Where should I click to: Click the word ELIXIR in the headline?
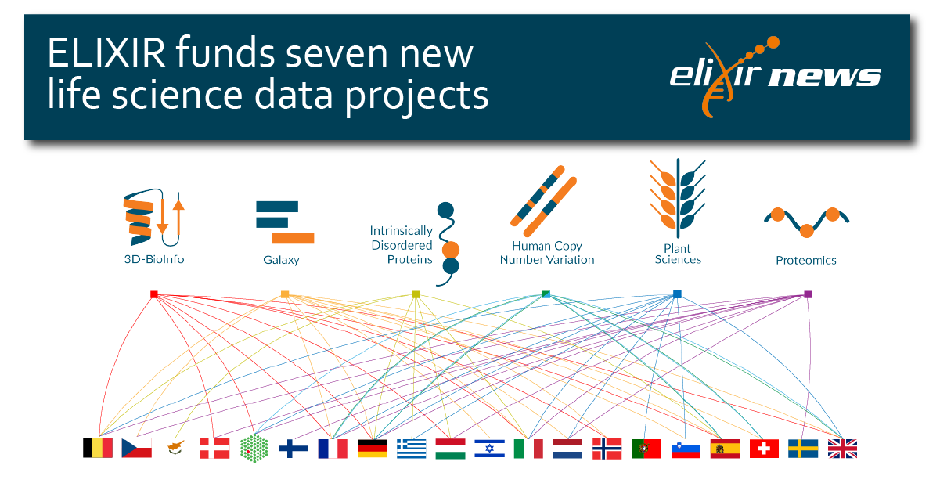106,53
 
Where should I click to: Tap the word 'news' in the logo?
824,76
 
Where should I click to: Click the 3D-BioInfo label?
154,259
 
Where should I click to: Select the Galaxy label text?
281,260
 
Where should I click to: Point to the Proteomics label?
805,261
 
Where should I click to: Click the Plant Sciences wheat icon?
677,199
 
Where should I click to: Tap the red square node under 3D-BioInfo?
154,294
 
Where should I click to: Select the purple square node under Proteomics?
808,294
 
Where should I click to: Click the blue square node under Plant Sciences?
677,294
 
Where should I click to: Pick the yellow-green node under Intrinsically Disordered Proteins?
416,294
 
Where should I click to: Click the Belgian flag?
98,448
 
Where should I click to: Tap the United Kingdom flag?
842,449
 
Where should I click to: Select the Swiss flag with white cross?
764,449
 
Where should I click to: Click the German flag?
372,449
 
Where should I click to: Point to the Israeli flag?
489,449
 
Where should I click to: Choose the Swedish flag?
803,449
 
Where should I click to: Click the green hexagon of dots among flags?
254,449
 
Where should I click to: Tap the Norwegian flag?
607,449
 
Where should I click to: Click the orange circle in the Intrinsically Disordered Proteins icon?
451,250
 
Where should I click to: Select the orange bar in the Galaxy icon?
293,238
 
